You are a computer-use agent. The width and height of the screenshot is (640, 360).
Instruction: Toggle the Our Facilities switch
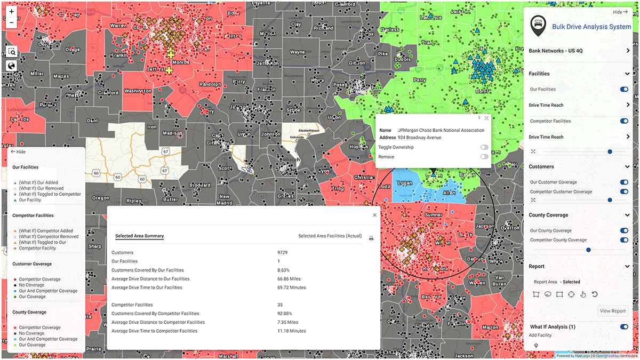pyautogui.click(x=624, y=90)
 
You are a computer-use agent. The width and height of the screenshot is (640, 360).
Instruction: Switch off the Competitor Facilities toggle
pyautogui.click(x=624, y=121)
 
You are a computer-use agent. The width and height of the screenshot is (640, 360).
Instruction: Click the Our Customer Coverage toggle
pyautogui.click(x=624, y=182)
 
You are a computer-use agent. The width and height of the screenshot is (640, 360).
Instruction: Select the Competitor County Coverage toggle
pyautogui.click(x=624, y=240)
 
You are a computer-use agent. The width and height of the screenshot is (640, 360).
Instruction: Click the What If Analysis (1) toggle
pyautogui.click(x=624, y=327)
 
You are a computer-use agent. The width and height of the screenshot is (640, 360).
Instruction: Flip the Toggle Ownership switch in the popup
pyautogui.click(x=484, y=147)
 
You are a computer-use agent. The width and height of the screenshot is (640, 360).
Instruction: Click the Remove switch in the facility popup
pyautogui.click(x=484, y=157)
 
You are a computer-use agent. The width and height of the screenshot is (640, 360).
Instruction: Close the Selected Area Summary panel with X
pyautogui.click(x=374, y=215)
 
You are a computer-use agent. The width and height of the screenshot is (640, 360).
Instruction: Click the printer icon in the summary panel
pyautogui.click(x=371, y=238)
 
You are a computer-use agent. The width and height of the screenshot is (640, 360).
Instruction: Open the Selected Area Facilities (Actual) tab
pyautogui.click(x=330, y=236)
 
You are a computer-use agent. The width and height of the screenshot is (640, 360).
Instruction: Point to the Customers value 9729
pyautogui.click(x=283, y=252)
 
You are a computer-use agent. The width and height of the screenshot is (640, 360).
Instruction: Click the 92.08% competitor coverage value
pyautogui.click(x=285, y=314)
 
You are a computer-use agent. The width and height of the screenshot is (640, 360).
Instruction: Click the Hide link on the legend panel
pyautogui.click(x=18, y=152)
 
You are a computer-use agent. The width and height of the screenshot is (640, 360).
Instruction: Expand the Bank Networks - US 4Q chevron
pyautogui.click(x=628, y=51)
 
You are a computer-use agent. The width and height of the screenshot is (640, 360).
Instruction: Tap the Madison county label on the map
pyautogui.click(x=172, y=133)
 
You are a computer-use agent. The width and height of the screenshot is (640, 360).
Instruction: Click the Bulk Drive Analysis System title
pyautogui.click(x=591, y=27)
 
